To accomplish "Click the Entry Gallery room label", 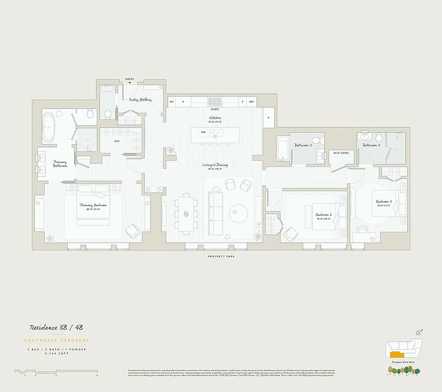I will coord(140,99).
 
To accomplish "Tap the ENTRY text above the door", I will coord(130,79).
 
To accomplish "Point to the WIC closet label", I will coord(117,142).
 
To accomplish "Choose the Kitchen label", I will coord(214,118).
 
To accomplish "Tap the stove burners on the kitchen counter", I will coord(214,101).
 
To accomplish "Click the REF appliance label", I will coord(252,101).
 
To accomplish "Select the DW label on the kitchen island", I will coord(203,132).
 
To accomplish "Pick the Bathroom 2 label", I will coord(303,145).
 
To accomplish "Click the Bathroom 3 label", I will coord(371,145).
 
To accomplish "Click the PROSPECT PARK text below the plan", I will coord(221,256).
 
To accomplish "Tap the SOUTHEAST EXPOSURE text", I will coord(56,340).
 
